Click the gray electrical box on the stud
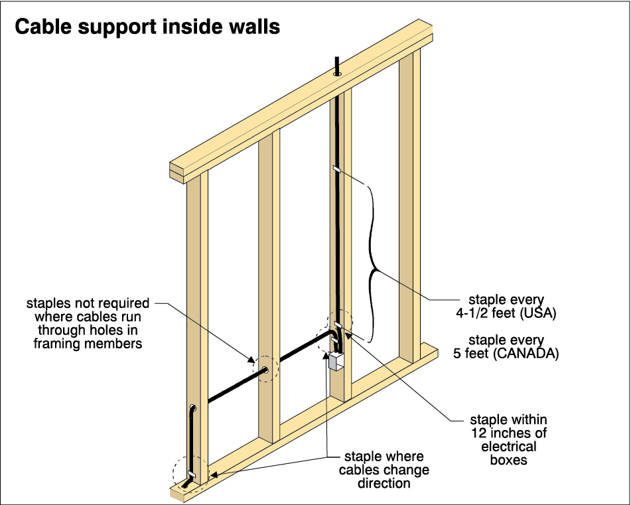[x=336, y=362]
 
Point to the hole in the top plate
[x=337, y=75]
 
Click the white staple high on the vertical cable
[x=336, y=169]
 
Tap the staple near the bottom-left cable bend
[x=192, y=474]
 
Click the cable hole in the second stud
[x=265, y=372]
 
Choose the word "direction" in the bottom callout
[x=384, y=483]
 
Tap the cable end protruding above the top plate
[x=337, y=65]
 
